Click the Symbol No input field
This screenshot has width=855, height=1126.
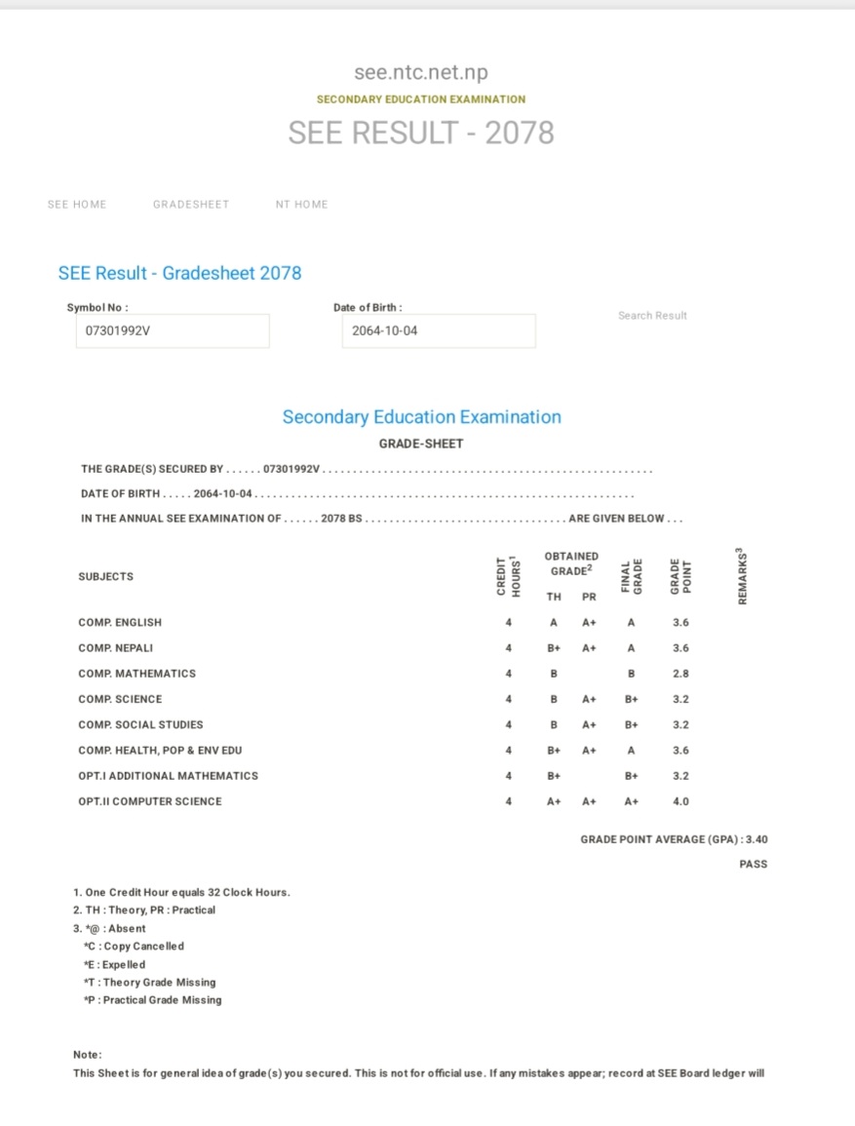pyautogui.click(x=173, y=330)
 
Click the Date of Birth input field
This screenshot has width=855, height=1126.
pyautogui.click(x=439, y=330)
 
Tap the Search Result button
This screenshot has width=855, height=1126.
pyautogui.click(x=652, y=316)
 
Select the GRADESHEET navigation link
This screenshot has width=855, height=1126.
pyautogui.click(x=191, y=205)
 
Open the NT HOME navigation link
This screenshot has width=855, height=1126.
pyautogui.click(x=301, y=205)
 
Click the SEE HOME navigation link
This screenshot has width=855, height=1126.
pyautogui.click(x=77, y=205)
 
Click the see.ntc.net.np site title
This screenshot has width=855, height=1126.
pyautogui.click(x=421, y=73)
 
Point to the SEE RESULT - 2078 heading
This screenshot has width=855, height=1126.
pyautogui.click(x=421, y=133)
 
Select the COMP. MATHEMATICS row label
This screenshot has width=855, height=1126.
pyautogui.click(x=137, y=674)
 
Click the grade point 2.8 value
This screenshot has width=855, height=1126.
pyautogui.click(x=680, y=674)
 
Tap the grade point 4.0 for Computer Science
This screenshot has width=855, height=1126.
pyautogui.click(x=680, y=801)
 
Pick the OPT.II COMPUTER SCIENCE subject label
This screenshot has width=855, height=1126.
pyautogui.click(x=150, y=801)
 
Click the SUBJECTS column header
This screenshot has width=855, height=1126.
pyautogui.click(x=106, y=576)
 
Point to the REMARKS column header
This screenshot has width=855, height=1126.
pyautogui.click(x=743, y=576)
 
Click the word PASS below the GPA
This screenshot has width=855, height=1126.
pyautogui.click(x=753, y=864)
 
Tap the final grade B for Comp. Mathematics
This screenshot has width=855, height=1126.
pyautogui.click(x=632, y=674)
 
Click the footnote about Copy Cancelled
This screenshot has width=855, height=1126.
pyautogui.click(x=134, y=946)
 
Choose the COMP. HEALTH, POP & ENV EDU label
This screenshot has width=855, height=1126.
pyautogui.click(x=160, y=751)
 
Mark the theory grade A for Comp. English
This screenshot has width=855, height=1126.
pyautogui.click(x=554, y=622)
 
